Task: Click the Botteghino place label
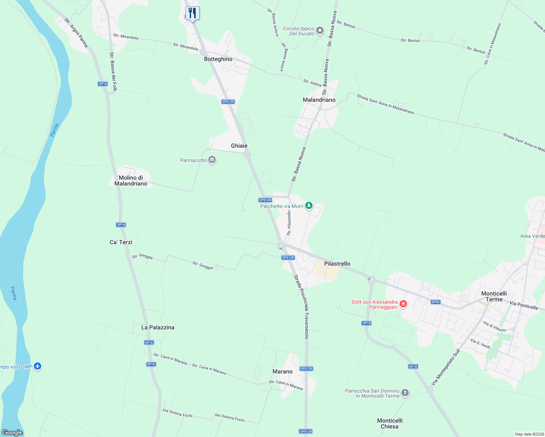pos(218,59)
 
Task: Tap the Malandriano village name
pos(319,100)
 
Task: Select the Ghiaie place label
pos(239,146)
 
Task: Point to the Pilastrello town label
pos(337,264)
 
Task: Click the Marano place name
pos(282,371)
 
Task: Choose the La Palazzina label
pos(158,327)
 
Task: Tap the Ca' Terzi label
pos(121,242)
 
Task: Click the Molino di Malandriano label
pos(131,181)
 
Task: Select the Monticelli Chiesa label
pos(389,424)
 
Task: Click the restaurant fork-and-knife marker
pos(192,13)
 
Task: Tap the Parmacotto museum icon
pos(212,160)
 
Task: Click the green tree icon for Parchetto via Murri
pos(309,206)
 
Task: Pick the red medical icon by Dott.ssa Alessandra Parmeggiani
pos(403,304)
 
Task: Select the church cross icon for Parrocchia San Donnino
pos(405,393)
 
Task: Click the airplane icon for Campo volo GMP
pos(38,366)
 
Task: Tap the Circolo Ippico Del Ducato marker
pos(320,31)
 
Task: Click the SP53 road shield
pos(435,302)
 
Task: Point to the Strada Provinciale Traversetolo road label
pos(302,307)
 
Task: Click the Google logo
pos(12,433)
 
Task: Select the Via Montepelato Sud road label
pos(446,367)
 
